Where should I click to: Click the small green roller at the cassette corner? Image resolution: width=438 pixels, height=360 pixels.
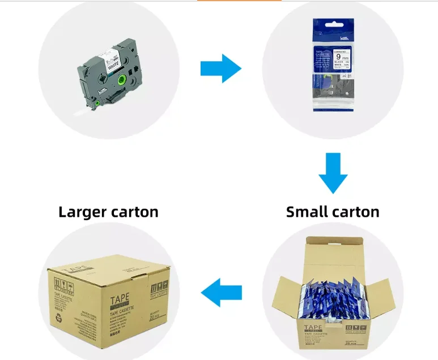tap(97, 102)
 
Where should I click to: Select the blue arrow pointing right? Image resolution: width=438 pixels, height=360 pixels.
tap(221, 68)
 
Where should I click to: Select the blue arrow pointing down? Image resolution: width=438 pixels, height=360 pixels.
tap(333, 173)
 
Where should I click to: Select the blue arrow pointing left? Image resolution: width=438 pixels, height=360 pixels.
tap(222, 292)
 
